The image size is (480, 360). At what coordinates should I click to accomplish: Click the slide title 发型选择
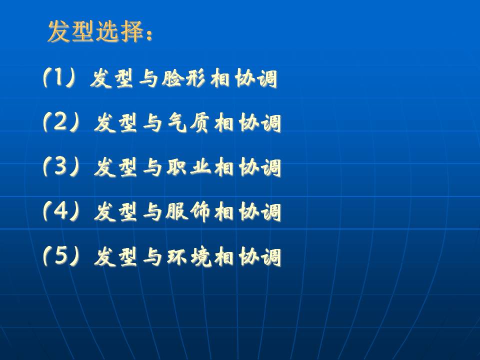coord(95,31)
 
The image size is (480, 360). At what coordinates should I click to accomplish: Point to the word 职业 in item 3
coord(188,167)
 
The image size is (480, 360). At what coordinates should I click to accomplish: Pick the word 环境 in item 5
coord(189,256)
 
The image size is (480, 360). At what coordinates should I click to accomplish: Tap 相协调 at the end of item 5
coord(248,256)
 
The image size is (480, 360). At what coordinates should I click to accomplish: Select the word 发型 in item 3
coord(115,167)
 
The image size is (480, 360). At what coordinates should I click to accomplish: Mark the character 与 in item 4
coord(152,212)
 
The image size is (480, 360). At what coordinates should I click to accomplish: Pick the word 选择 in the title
coord(119,31)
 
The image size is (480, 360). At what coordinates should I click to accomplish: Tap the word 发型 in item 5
coord(115,256)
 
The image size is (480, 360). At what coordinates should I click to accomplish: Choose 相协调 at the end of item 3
coord(248,167)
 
